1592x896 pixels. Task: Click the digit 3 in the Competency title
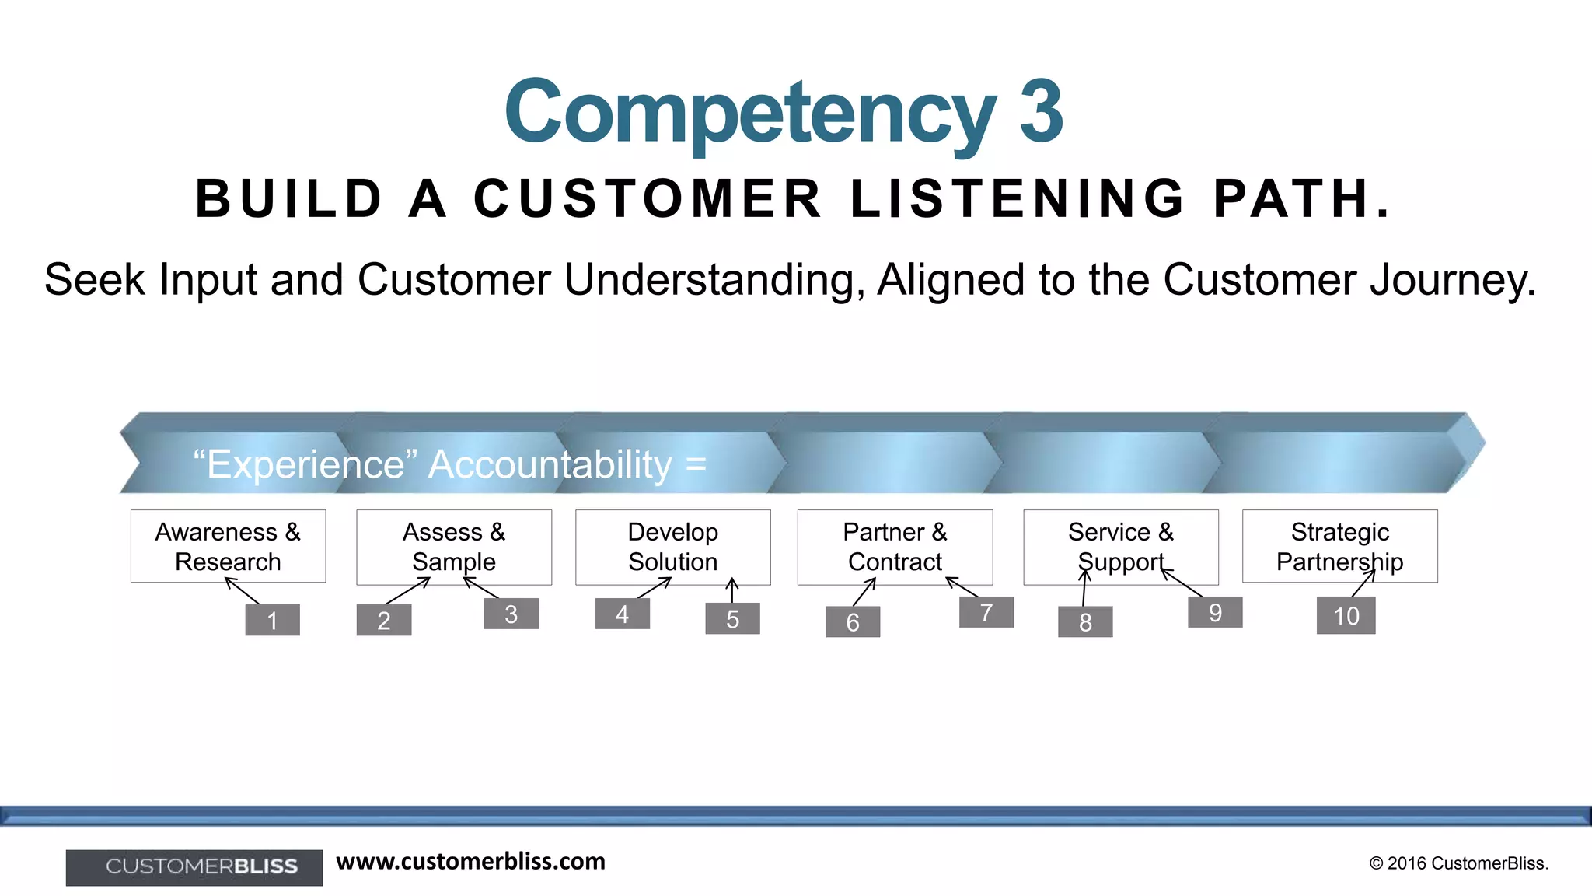coord(1040,113)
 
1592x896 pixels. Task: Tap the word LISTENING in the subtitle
coord(1017,199)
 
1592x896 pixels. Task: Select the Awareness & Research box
coord(228,546)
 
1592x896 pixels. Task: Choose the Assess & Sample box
coord(454,547)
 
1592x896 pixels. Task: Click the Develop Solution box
coord(672,547)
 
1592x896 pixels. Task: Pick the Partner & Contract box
coord(895,547)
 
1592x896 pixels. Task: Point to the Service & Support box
coord(1120,547)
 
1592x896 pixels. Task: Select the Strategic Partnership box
coord(1339,546)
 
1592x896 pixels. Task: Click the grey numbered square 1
coord(272,620)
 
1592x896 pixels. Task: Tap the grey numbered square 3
coord(511,614)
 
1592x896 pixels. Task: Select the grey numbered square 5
coord(732,618)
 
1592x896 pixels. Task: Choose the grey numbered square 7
coord(986,612)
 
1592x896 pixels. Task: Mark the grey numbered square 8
coord(1084,621)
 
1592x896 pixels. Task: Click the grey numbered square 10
coord(1346,615)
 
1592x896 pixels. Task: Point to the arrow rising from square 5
coord(732,590)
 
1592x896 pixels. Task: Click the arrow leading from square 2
coord(407,591)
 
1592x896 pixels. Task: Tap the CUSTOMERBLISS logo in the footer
coord(194,867)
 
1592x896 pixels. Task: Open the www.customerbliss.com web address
coord(470,862)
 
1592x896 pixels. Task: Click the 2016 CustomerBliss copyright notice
coord(1458,863)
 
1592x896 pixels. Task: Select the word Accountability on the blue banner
coord(550,465)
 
